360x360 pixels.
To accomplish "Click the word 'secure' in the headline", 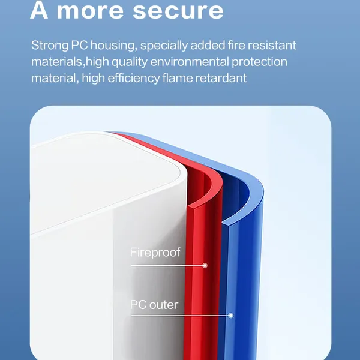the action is pos(178,11).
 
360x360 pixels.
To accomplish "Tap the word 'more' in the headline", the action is pos(90,11).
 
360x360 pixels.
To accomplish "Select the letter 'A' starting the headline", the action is pos(39,10).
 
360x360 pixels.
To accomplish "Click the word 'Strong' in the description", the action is pos(50,46).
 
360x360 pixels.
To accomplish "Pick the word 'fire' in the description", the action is pos(236,45).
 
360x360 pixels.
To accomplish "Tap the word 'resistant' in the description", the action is pos(272,45).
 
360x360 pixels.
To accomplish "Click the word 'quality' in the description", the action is pos(130,62).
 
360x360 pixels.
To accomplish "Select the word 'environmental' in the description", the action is pos(190,62).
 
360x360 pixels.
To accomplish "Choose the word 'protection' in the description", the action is pos(259,62).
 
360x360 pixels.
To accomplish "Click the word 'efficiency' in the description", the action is pos(134,79).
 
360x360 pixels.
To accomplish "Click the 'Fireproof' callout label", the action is pos(155,253).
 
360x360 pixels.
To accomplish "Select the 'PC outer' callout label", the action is pos(154,305).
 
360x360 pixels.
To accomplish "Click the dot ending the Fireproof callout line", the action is pos(205,266).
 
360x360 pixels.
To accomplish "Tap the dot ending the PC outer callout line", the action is pos(231,316).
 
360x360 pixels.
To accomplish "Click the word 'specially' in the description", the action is pos(164,46).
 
